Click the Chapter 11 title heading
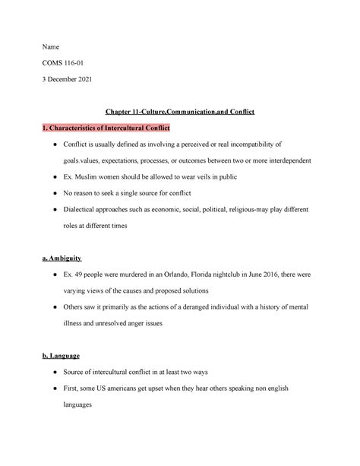tap(179, 111)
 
